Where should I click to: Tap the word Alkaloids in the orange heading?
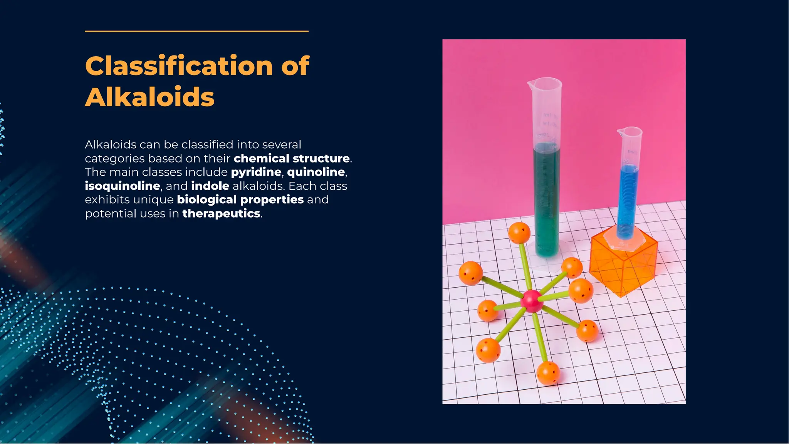pyautogui.click(x=149, y=97)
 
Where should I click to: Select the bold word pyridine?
pyautogui.click(x=256, y=172)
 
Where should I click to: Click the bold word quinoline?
pyautogui.click(x=316, y=172)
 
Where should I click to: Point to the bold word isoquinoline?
pyautogui.click(x=123, y=186)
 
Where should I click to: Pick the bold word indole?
pyautogui.click(x=210, y=186)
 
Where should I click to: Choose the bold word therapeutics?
pyautogui.click(x=221, y=213)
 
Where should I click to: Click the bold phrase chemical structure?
pyautogui.click(x=292, y=158)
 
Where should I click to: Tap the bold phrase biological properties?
pyautogui.click(x=240, y=199)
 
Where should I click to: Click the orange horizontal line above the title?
pyautogui.click(x=196, y=31)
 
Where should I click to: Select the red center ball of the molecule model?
pyautogui.click(x=532, y=301)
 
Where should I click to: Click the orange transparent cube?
pyautogui.click(x=623, y=266)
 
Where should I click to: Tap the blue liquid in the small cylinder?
pyautogui.click(x=627, y=200)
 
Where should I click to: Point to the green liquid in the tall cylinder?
pyautogui.click(x=547, y=200)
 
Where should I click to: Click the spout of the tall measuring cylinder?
pyautogui.click(x=531, y=82)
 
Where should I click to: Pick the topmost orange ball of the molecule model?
pyautogui.click(x=519, y=233)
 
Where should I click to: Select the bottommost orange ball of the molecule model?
pyautogui.click(x=548, y=373)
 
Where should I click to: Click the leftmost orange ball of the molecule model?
pyautogui.click(x=470, y=273)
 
